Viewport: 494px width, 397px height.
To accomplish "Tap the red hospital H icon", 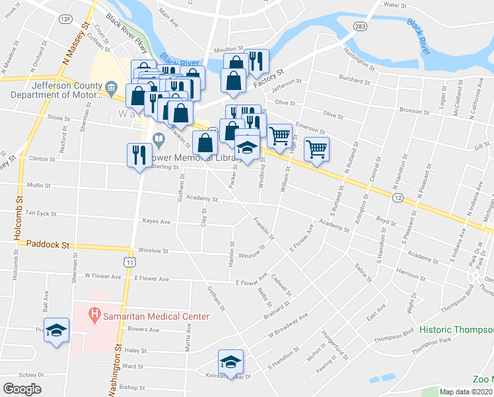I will pyautogui.click(x=94, y=316).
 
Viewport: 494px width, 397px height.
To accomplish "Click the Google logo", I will pyautogui.click(x=22, y=389).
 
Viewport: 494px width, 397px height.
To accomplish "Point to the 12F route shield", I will pyautogui.click(x=65, y=19).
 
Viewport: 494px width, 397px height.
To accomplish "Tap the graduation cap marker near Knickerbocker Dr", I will pyautogui.click(x=230, y=361).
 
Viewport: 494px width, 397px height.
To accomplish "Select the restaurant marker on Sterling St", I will pyautogui.click(x=139, y=154).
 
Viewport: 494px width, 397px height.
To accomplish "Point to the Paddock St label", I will pyautogui.click(x=48, y=244).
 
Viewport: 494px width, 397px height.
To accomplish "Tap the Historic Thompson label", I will pyautogui.click(x=456, y=329).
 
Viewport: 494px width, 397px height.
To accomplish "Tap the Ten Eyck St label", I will pyautogui.click(x=42, y=213).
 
